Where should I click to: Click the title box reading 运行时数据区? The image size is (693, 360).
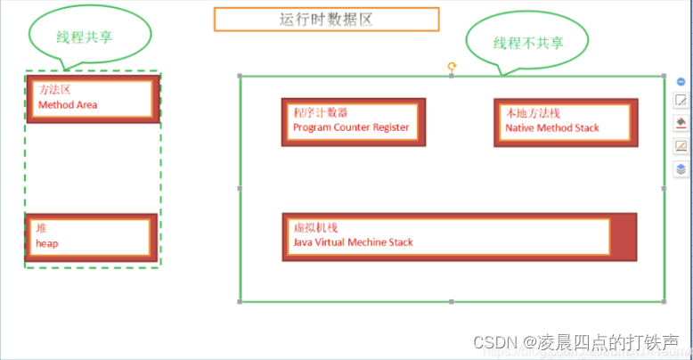tap(326, 19)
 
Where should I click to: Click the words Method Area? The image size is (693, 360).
tap(68, 105)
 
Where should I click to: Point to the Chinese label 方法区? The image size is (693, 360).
tap(55, 90)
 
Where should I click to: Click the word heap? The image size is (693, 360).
tap(46, 242)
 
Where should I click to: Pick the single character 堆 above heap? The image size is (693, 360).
tap(41, 228)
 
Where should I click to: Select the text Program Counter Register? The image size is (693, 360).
tap(351, 127)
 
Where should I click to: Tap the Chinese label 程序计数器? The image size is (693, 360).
tap(320, 113)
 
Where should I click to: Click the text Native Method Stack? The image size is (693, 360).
tap(552, 127)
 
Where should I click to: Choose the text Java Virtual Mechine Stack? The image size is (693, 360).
tap(353, 242)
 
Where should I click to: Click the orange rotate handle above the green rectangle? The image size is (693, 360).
tap(452, 66)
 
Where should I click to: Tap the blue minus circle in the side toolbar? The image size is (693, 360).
tap(681, 81)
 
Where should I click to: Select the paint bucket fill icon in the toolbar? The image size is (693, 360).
tap(681, 123)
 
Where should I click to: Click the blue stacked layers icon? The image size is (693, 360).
tap(681, 168)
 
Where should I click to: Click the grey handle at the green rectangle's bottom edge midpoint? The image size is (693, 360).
tap(452, 302)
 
